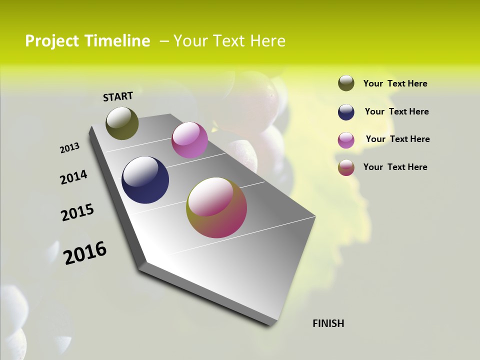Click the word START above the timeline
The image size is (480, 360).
pos(118,96)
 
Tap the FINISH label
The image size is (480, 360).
pos(328,323)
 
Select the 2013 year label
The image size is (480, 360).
pos(69,148)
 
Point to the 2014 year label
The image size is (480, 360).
pos(73,177)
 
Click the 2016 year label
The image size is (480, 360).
pos(85,253)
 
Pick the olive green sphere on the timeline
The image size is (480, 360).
pos(122,123)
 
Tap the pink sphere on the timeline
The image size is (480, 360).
pos(189,140)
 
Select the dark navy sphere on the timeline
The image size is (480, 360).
pos(145,180)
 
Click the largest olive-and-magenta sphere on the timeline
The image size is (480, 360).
pos(216,207)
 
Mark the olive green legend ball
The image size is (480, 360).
pos(346,83)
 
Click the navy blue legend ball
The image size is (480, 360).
pos(346,112)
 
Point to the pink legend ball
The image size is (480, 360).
pos(346,140)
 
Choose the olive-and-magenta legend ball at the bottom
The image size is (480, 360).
pos(346,167)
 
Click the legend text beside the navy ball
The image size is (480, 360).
pos(396,111)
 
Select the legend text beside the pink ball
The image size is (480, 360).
pos(397,139)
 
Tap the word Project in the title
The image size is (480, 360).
pos(52,41)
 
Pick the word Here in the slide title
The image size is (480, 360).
pos(267,41)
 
